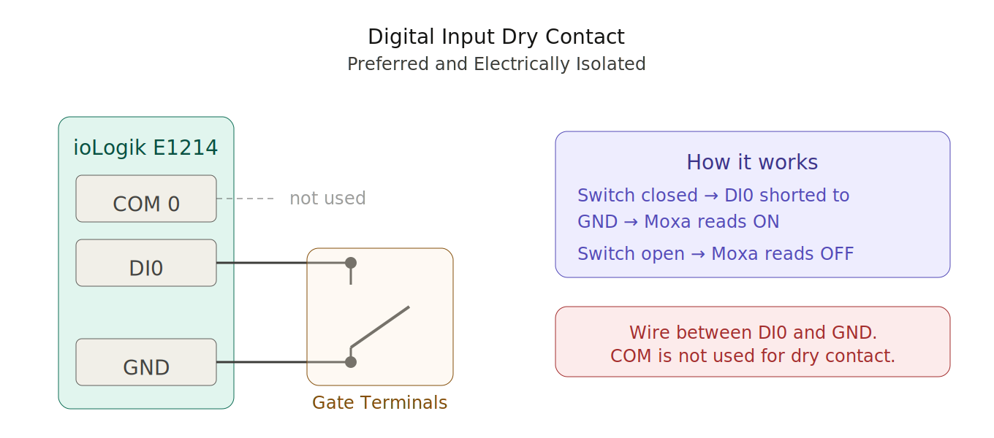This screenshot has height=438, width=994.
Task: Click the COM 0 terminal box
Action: (146, 199)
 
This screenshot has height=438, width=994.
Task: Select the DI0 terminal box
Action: (146, 263)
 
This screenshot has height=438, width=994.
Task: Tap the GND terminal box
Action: (146, 362)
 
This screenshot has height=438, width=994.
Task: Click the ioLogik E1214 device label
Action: (145, 148)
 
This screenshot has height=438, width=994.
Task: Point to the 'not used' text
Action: (327, 199)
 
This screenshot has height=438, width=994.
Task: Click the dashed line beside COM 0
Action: (245, 199)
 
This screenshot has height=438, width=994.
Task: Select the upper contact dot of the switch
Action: (351, 263)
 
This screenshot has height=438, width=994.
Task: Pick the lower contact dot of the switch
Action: (351, 362)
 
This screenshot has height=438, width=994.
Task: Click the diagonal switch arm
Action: (380, 326)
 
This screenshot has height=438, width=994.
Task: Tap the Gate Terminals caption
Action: (379, 403)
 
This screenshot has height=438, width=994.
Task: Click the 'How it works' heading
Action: (752, 163)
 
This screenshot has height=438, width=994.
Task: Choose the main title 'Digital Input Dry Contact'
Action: (496, 37)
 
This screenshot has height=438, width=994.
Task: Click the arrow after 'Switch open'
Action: (698, 254)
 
